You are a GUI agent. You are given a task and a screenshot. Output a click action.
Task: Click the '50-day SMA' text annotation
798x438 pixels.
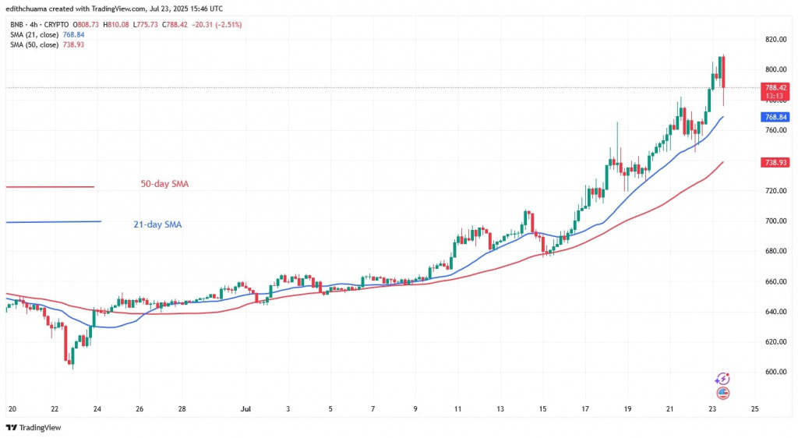[x=164, y=184]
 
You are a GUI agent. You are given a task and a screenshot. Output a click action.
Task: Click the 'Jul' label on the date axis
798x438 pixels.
[x=245, y=408]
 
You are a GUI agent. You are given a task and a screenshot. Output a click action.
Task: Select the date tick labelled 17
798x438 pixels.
[x=584, y=408]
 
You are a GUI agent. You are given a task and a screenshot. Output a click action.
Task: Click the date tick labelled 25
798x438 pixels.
[x=754, y=408]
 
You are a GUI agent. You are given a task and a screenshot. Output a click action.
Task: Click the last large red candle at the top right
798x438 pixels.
[x=724, y=72]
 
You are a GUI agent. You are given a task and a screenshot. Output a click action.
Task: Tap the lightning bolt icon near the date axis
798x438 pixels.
[x=722, y=379]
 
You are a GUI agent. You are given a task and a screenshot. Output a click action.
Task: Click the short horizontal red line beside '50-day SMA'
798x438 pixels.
[x=50, y=186]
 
